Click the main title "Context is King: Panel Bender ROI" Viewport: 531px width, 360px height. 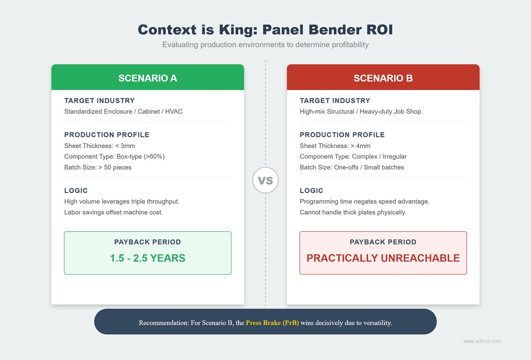tap(265, 29)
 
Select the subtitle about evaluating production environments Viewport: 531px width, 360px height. tap(265, 44)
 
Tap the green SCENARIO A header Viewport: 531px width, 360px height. tap(148, 78)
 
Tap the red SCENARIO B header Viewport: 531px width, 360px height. tap(383, 78)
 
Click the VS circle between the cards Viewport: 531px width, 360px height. tap(265, 181)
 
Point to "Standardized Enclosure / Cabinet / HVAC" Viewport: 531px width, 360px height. tap(123, 111)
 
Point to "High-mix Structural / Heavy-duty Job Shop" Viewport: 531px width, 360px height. tap(360, 111)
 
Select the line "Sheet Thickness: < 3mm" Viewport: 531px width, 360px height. tap(100, 146)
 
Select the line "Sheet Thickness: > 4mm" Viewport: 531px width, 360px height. tap(335, 146)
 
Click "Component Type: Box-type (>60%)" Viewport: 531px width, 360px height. tap(114, 157)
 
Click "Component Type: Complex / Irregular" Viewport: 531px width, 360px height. tap(353, 157)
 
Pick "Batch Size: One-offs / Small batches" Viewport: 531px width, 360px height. tap(352, 167)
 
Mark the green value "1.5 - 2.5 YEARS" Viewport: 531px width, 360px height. tap(148, 258)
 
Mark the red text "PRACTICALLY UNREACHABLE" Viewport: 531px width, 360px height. tap(383, 258)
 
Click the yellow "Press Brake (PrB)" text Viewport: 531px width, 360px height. tap(272, 323)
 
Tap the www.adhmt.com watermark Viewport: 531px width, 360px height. tap(482, 341)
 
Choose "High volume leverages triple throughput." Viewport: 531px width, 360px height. tap(122, 201)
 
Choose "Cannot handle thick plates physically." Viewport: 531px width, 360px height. tap(353, 212)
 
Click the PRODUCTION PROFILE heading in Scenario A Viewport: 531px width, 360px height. tap(107, 135)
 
